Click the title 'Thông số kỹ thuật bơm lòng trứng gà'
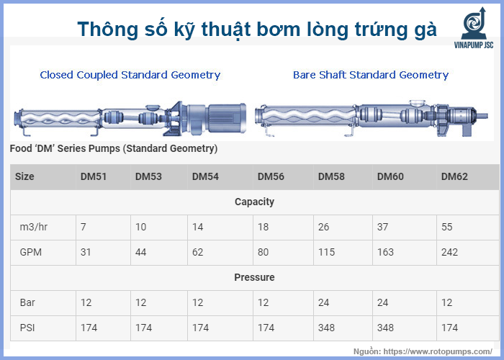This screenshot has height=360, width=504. point(257,29)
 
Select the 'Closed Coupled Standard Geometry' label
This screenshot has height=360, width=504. point(130,75)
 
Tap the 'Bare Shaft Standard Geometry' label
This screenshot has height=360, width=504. point(371,75)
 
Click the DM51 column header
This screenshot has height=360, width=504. point(94,176)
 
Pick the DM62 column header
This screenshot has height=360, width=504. point(454,176)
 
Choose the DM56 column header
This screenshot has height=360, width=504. point(271,176)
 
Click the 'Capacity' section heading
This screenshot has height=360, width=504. point(254,202)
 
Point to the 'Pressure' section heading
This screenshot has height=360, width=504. point(254,277)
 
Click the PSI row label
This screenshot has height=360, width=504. point(26,328)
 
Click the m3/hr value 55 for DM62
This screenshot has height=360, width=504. point(447,227)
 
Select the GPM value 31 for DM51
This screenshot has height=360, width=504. point(86,252)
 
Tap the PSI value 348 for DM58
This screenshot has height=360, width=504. point(327,328)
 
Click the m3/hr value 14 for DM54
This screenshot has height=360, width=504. point(197,227)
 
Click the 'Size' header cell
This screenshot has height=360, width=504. point(24,176)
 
